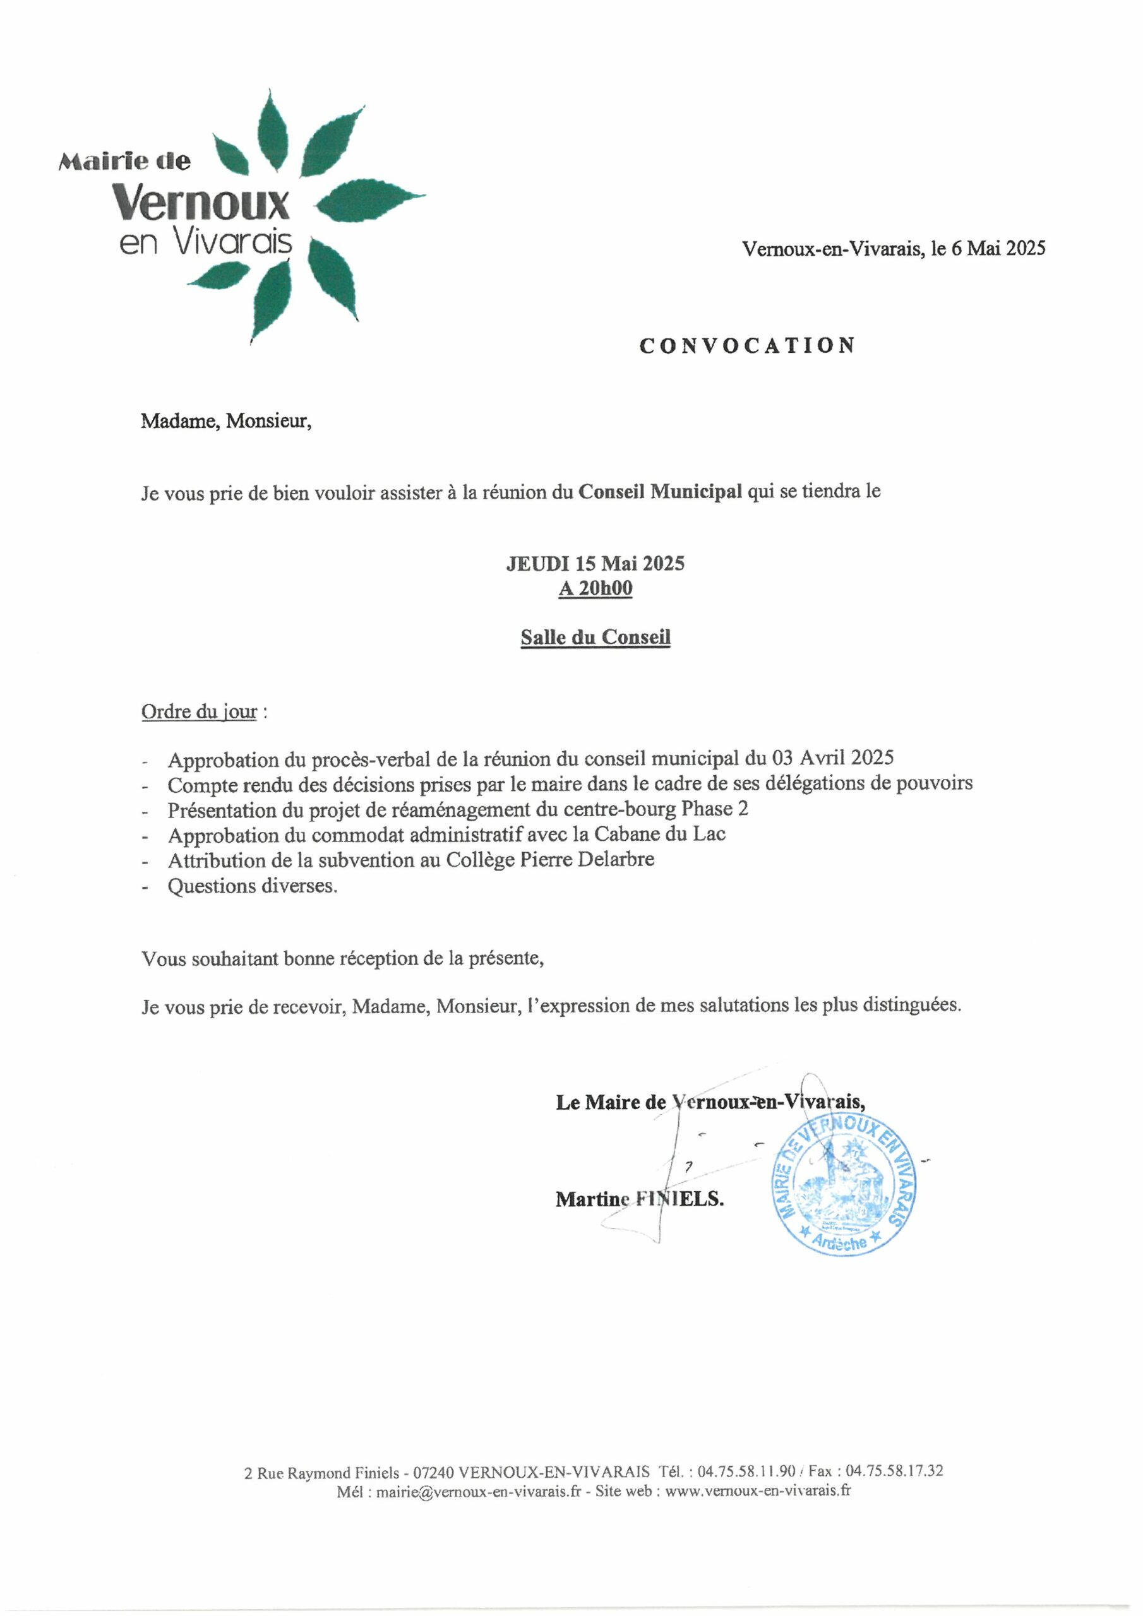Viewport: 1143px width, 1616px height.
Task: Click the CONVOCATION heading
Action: [747, 345]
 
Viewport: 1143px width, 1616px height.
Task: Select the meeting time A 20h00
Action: [595, 588]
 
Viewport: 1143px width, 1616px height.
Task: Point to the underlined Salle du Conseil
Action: [595, 638]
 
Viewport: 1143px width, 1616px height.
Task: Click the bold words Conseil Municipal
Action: [660, 491]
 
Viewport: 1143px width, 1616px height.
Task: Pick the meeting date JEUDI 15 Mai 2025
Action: [595, 563]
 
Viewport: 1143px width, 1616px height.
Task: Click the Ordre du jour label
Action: [200, 711]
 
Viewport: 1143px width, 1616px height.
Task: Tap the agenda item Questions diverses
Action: [252, 886]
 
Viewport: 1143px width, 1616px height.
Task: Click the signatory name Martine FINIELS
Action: [640, 1199]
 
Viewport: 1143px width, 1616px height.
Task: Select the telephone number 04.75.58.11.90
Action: [746, 1471]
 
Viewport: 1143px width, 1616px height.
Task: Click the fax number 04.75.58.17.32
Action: [894, 1471]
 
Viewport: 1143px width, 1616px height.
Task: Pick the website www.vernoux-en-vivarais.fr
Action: [758, 1491]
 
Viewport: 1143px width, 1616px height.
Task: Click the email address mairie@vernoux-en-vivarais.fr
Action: [479, 1491]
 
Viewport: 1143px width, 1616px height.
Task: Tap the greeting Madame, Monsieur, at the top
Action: [226, 421]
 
